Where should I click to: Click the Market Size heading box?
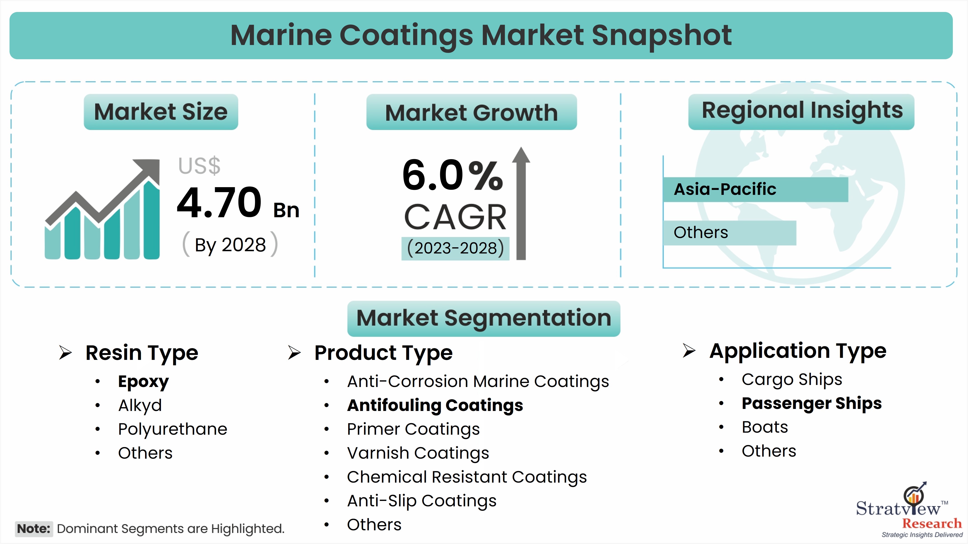tap(161, 112)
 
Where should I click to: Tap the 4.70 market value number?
tap(219, 203)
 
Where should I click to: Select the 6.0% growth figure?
tap(453, 175)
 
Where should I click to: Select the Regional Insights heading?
tap(802, 111)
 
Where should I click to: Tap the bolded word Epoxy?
tap(144, 382)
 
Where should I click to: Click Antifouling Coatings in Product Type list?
tap(435, 405)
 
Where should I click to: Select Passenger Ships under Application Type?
tap(812, 403)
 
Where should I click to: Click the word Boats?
tap(765, 427)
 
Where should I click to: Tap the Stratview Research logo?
tap(909, 510)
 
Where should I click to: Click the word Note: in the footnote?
tap(34, 529)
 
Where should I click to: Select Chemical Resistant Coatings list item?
tap(467, 477)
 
